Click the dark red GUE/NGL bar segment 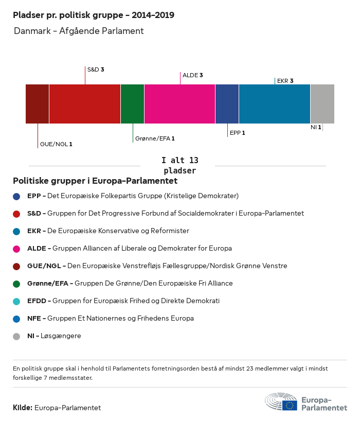point(37,104)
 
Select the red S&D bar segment point(85,104)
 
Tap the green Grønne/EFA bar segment point(132,104)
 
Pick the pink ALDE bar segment point(179,104)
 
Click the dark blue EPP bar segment point(227,104)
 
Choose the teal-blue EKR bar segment point(275,104)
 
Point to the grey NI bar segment point(322,104)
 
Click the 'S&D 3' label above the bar point(96,69)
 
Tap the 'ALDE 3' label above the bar point(192,75)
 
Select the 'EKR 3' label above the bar point(285,81)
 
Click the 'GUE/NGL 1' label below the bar point(56,144)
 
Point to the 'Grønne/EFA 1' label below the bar point(155,138)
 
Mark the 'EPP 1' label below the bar point(237,133)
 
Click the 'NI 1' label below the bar point(316,127)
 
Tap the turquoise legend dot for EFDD point(16,301)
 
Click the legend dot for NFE point(16,319)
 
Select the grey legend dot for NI point(16,336)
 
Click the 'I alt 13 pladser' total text point(179,165)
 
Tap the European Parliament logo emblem point(281,402)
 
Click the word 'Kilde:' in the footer point(23,408)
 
